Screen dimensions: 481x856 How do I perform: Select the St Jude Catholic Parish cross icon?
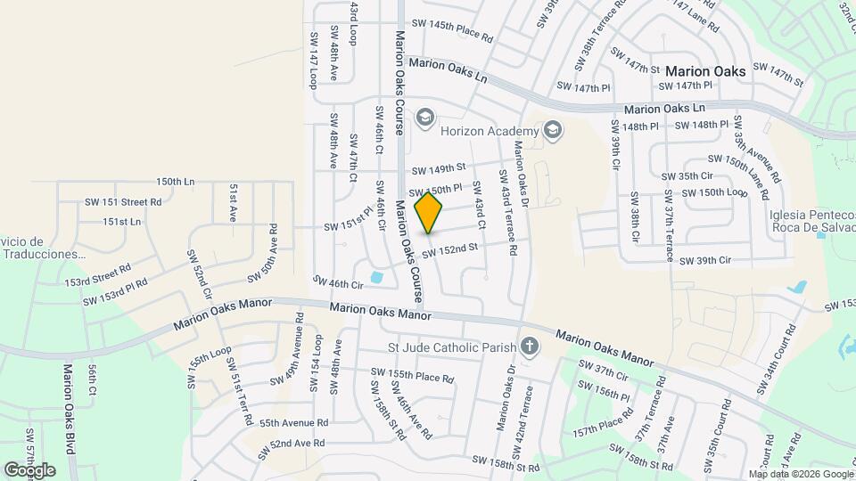(530, 346)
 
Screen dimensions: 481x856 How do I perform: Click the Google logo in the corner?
(29, 469)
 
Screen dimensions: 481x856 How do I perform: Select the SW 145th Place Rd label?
(449, 31)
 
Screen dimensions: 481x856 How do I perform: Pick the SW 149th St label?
(439, 168)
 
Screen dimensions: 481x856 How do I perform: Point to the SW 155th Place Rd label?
(413, 376)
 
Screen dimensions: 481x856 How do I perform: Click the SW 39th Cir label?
(705, 261)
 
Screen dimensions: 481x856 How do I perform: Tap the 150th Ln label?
(175, 182)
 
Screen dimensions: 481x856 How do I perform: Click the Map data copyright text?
(800, 474)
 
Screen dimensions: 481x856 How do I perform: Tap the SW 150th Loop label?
(713, 193)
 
